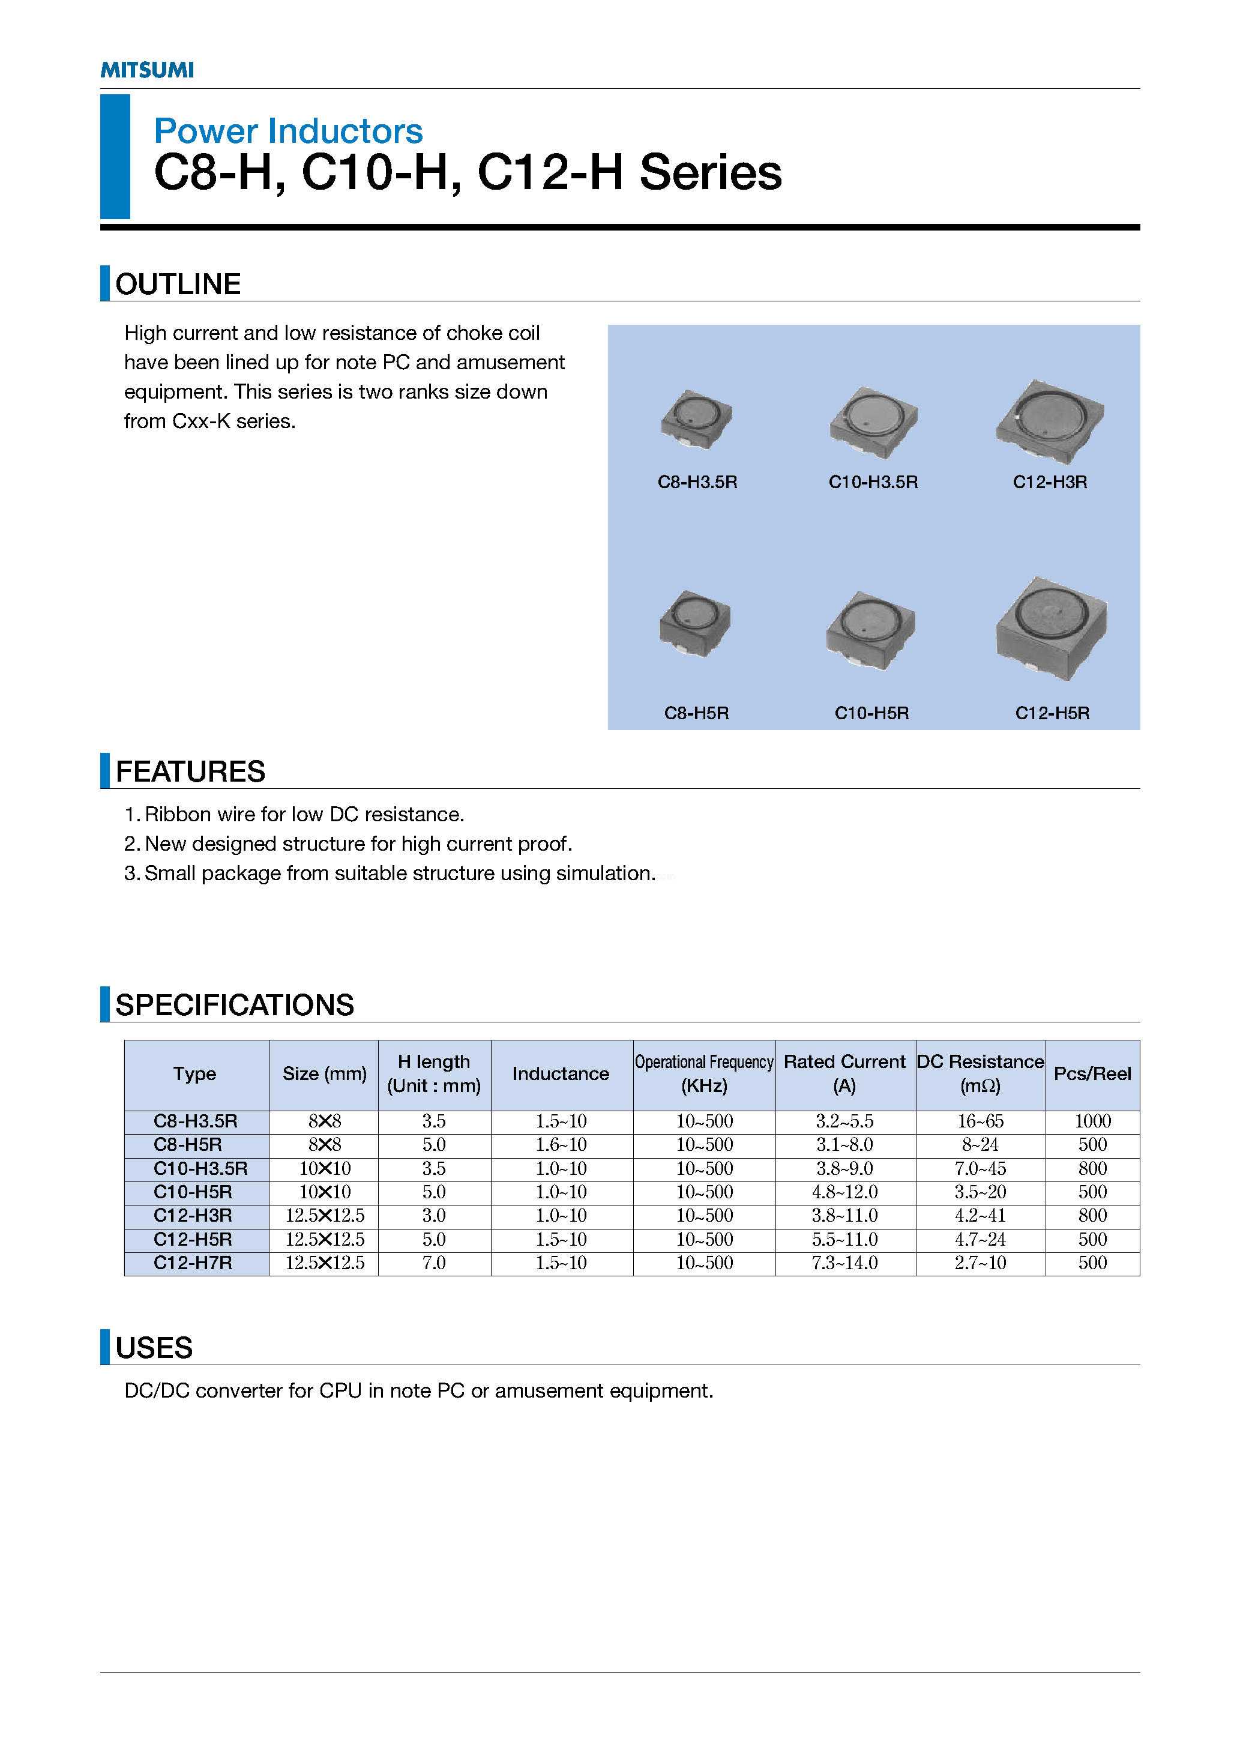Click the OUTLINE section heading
tap(178, 284)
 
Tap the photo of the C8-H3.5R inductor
tap(696, 419)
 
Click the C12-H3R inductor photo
tap(1050, 421)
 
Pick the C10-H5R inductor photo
tap(870, 630)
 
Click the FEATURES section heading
tap(190, 771)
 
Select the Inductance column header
tap(561, 1074)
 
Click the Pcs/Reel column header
tap(1092, 1074)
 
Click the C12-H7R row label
tap(193, 1264)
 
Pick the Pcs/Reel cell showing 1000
tap(1092, 1121)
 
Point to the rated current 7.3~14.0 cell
tap(844, 1264)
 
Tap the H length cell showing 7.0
tap(434, 1264)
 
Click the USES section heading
tap(154, 1348)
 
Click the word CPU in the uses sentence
tap(340, 1391)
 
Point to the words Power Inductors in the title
tap(288, 131)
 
